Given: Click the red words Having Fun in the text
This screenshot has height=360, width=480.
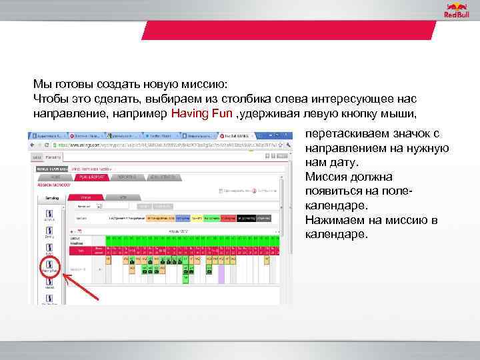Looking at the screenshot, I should tap(201, 113).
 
